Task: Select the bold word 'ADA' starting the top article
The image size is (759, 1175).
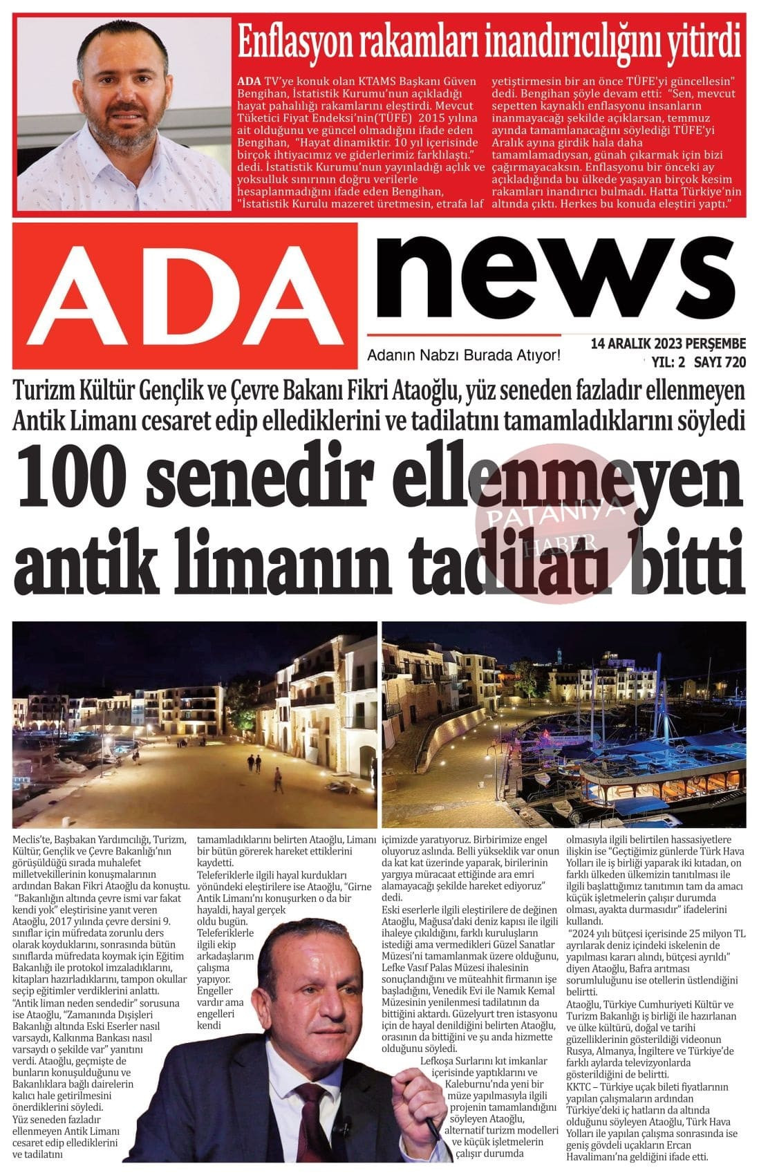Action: pos(249,81)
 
